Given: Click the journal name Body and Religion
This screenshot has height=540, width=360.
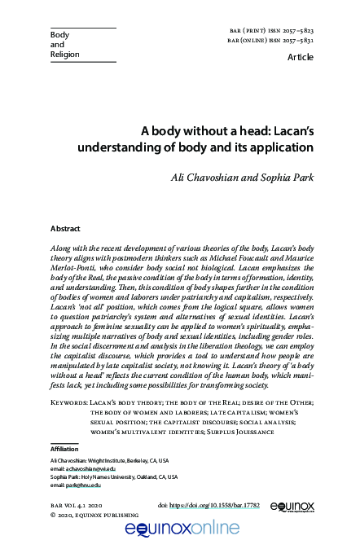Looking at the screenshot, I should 60,45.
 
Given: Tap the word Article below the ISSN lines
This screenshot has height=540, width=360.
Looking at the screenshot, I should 302,58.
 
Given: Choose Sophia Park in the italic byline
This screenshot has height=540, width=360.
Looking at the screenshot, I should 288,177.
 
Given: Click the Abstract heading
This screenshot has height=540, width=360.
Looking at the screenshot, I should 65,230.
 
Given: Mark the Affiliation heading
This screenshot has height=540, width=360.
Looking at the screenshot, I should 64,449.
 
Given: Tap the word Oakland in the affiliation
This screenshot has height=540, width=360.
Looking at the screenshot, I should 151,477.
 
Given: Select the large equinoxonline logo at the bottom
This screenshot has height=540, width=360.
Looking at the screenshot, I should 180,529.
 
